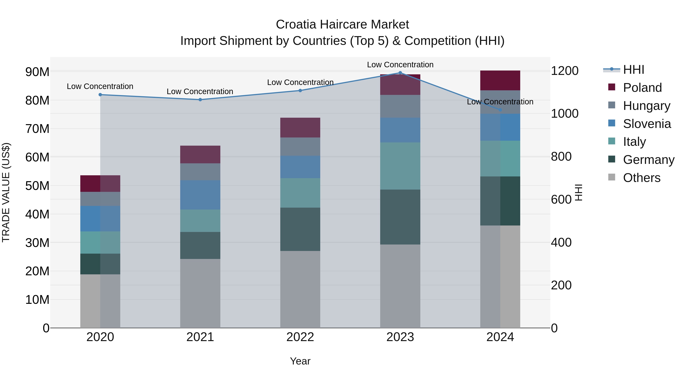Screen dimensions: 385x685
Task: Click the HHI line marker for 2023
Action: click(x=400, y=73)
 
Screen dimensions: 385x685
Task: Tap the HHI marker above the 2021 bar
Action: click(x=200, y=100)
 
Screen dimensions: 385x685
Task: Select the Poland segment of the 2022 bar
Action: click(x=300, y=128)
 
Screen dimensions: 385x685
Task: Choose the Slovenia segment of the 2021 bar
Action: click(x=200, y=195)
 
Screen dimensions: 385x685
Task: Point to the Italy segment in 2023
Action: click(x=400, y=166)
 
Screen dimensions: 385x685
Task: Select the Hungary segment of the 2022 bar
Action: click(x=300, y=147)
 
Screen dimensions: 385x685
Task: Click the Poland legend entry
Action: click(x=642, y=88)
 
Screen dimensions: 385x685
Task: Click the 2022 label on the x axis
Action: click(x=300, y=337)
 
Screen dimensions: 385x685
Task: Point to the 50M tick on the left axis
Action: click(x=37, y=186)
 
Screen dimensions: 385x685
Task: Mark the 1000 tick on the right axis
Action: click(x=565, y=114)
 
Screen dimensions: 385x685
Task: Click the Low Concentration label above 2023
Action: click(x=400, y=65)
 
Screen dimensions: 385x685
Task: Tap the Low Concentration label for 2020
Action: click(x=100, y=86)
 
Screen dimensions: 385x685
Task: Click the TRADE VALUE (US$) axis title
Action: click(x=6, y=192)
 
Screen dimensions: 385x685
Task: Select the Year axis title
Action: click(x=300, y=361)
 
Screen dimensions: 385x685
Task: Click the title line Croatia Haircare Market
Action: click(x=342, y=25)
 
